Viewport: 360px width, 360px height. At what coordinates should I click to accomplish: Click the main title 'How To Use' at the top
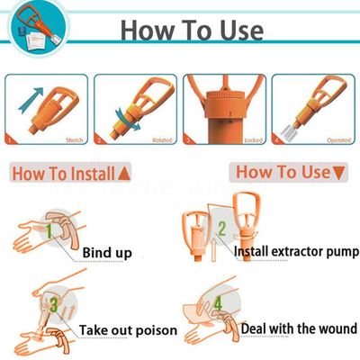192,29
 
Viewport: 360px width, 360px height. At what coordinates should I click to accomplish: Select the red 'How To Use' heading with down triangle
287,171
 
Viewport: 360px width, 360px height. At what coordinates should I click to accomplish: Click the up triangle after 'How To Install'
123,171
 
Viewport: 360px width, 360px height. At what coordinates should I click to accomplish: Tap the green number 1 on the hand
53,231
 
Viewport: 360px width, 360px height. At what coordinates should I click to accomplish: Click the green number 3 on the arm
54,305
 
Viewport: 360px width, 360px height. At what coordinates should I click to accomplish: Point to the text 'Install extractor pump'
294,253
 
